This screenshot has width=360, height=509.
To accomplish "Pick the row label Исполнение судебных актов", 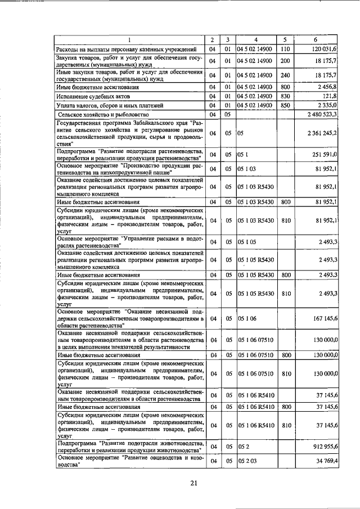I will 92,97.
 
